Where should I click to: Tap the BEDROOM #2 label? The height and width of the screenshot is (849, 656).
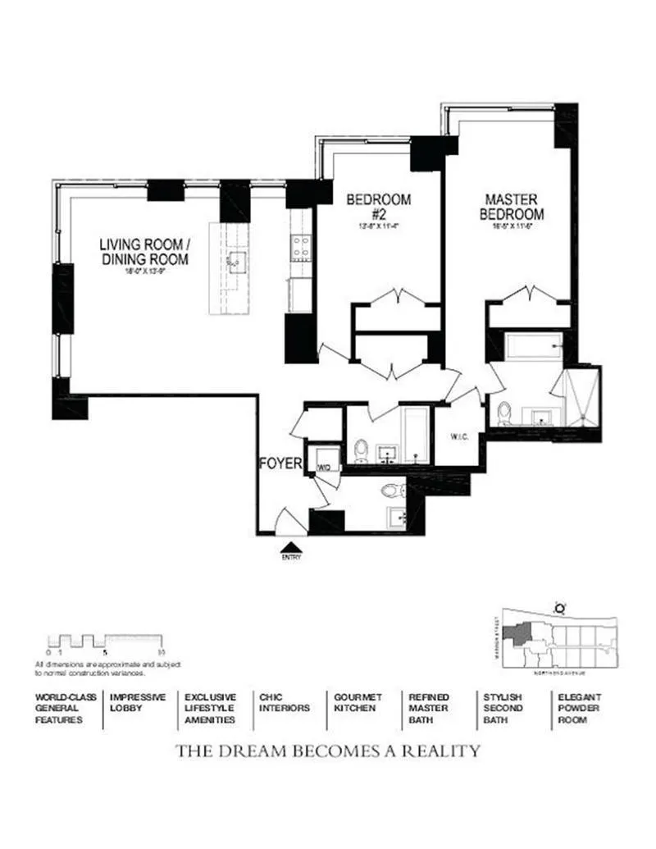pos(378,206)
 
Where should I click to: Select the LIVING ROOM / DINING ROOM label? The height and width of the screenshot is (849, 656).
pos(144,252)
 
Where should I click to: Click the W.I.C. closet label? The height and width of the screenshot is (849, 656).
pos(458,436)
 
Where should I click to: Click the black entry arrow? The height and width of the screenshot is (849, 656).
pos(292,547)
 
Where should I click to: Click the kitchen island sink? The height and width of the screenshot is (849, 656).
pos(237,262)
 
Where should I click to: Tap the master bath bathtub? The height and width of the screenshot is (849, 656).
pos(533,346)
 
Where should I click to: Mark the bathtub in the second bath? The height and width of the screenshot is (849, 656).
pos(414,433)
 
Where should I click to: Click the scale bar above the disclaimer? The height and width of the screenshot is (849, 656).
pos(107,641)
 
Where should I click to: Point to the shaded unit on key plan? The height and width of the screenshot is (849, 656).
pos(519,632)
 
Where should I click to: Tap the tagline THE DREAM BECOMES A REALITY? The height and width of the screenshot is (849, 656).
pos(328,751)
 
